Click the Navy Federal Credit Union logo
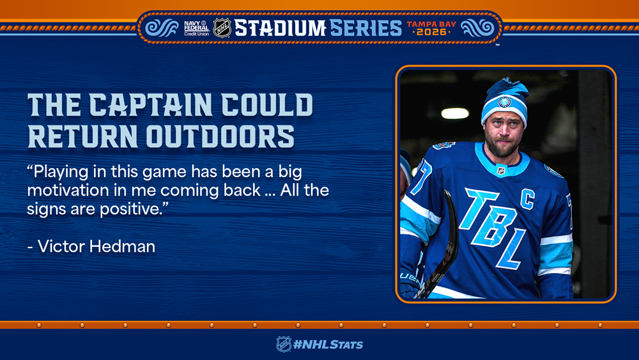196,28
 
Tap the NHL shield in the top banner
222,28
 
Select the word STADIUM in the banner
280,28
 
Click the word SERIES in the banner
366,28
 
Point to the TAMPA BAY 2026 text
431,28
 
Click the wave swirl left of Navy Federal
162,28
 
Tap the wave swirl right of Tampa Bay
477,28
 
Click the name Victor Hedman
96,247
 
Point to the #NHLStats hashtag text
328,345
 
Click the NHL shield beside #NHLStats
284,344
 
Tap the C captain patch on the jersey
527,200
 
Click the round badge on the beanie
505,102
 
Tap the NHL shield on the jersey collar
500,170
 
